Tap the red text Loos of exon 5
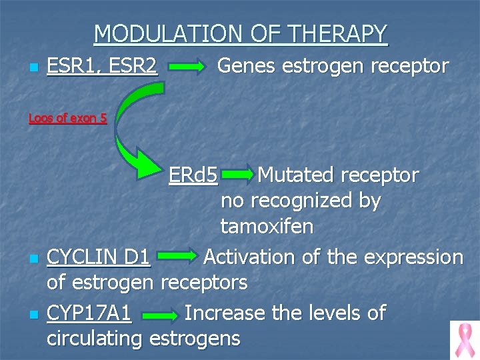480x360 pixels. (67, 119)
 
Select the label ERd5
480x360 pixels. (193, 175)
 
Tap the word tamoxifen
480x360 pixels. (267, 227)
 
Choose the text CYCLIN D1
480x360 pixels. (99, 257)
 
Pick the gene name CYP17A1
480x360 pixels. (89, 312)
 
